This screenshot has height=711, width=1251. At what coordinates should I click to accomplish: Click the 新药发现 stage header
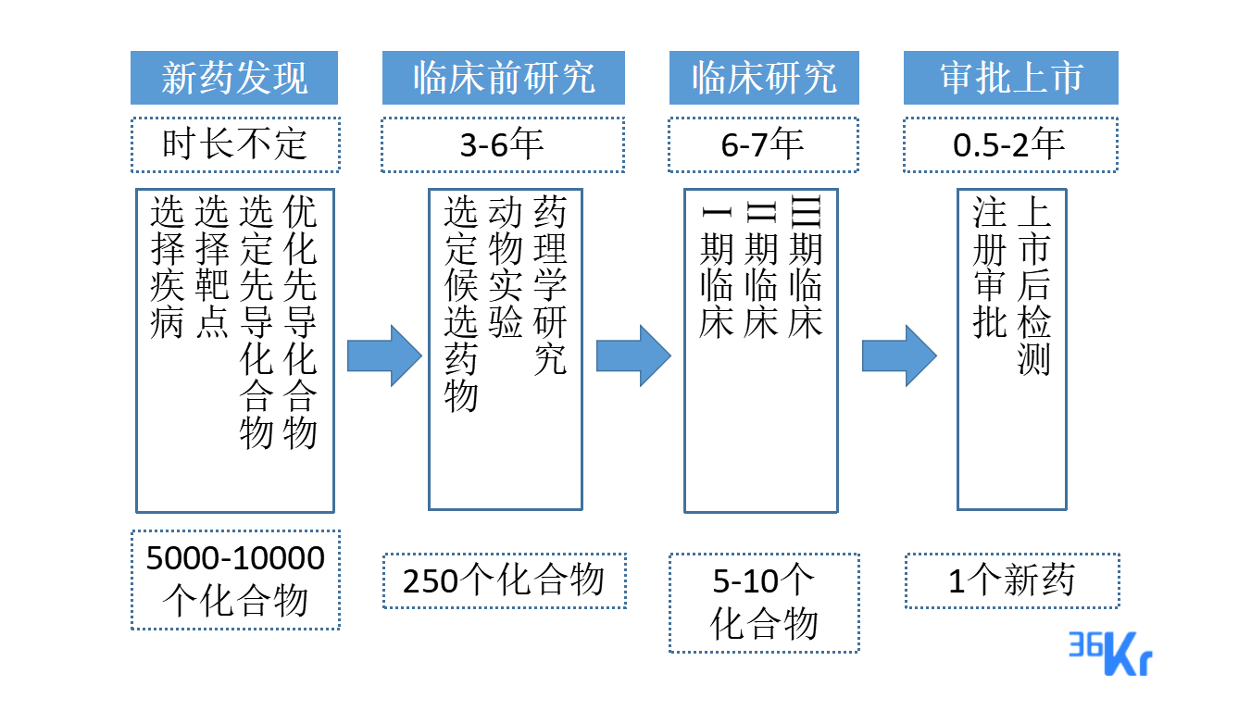[x=234, y=78]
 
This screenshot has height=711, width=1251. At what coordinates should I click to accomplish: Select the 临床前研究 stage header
[x=504, y=78]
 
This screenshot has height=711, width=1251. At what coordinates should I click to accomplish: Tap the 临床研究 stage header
[x=764, y=78]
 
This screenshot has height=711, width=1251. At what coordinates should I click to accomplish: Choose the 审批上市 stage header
[x=1011, y=78]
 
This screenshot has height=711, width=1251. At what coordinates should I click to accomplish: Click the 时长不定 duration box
[x=234, y=144]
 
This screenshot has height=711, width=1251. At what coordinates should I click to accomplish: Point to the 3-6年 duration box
[x=504, y=144]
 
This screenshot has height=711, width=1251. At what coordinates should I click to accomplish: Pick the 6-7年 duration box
[x=764, y=144]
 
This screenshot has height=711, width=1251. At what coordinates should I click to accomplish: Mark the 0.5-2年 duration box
[x=1011, y=144]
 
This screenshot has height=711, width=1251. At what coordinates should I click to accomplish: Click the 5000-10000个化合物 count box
[x=235, y=580]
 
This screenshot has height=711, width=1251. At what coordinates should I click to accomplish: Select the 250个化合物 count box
[x=504, y=580]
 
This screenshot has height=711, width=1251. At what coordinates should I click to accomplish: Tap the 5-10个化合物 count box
[x=764, y=603]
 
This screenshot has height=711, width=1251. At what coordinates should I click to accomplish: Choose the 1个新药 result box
[x=1011, y=580]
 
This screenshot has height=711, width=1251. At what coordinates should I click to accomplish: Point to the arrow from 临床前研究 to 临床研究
[x=633, y=355]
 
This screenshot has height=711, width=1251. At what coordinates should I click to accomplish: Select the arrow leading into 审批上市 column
[x=899, y=355]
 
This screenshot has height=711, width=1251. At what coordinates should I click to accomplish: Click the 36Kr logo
[x=1111, y=652]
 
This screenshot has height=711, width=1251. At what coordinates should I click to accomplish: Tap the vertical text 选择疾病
[x=167, y=268]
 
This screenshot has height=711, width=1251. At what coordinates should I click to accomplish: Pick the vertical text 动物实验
[x=506, y=268]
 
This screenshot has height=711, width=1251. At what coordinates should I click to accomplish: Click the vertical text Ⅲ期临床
[x=805, y=268]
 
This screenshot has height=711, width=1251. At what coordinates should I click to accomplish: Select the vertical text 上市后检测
[x=1033, y=286]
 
